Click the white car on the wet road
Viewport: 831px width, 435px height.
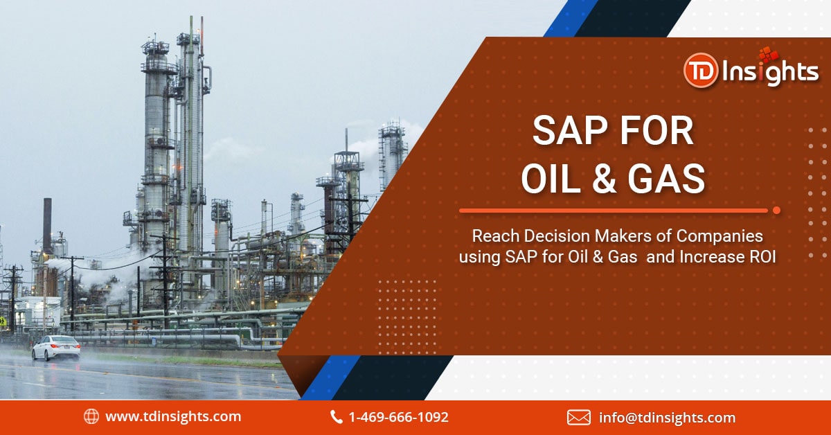(x=56, y=348)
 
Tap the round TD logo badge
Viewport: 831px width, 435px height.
(x=701, y=71)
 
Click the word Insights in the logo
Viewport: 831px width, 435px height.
(x=770, y=71)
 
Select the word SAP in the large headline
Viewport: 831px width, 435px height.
(x=572, y=131)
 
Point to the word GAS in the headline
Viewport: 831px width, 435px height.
(x=666, y=179)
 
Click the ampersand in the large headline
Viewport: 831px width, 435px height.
(x=604, y=179)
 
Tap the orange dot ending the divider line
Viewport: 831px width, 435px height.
(x=776, y=211)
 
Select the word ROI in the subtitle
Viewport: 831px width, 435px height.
(x=762, y=257)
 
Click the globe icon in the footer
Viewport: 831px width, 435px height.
(x=91, y=416)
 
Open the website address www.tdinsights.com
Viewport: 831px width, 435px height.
(x=173, y=416)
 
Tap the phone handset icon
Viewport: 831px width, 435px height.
(x=336, y=417)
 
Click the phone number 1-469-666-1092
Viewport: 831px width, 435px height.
(x=398, y=417)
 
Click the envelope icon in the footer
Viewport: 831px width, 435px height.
(x=579, y=418)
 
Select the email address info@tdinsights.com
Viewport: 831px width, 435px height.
(x=667, y=418)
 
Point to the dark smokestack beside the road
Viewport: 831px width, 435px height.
(x=48, y=226)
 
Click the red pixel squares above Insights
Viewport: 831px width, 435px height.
(x=768, y=55)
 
